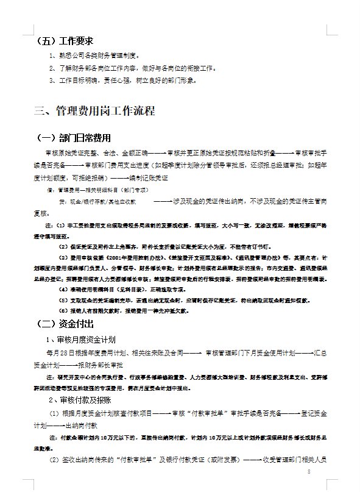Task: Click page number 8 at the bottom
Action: [309, 472]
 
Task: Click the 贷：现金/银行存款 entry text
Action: [97, 201]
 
